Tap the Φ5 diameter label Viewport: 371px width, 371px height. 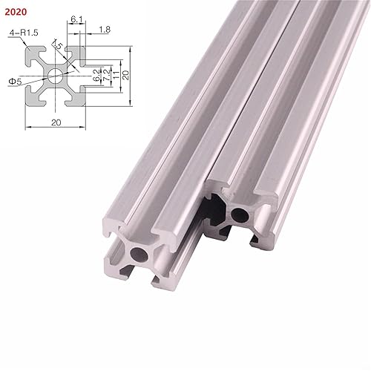point(14,73)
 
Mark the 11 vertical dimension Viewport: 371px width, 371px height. point(115,74)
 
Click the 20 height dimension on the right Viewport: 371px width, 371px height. point(127,74)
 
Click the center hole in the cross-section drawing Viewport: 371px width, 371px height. point(56,74)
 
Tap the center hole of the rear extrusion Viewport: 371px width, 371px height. point(239,215)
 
